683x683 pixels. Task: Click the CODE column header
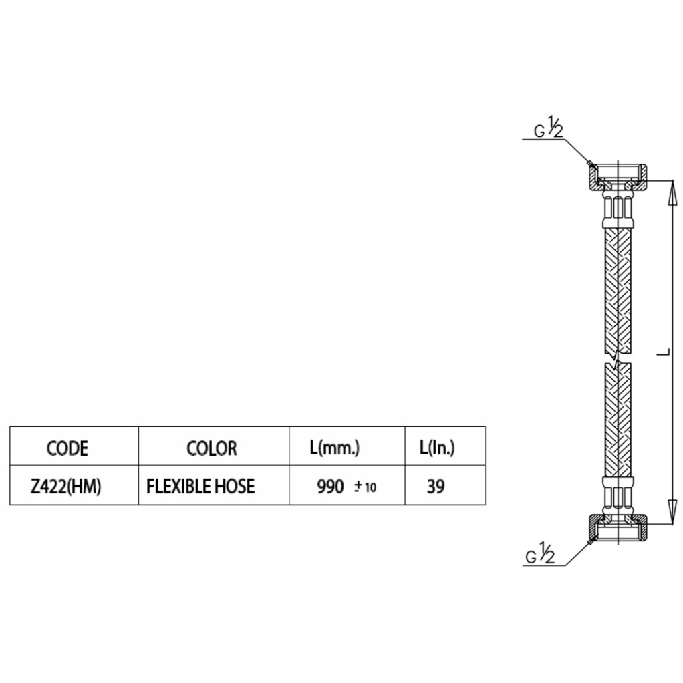coord(67,448)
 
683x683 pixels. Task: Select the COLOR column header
coord(212,448)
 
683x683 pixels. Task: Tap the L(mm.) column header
coord(335,448)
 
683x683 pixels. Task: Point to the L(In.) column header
coord(437,448)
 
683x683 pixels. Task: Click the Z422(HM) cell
coord(65,487)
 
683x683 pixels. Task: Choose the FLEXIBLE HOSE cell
coord(200,486)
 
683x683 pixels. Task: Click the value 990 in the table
coord(330,487)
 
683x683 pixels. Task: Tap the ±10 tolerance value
coord(365,487)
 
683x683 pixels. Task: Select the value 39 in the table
coord(436,486)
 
